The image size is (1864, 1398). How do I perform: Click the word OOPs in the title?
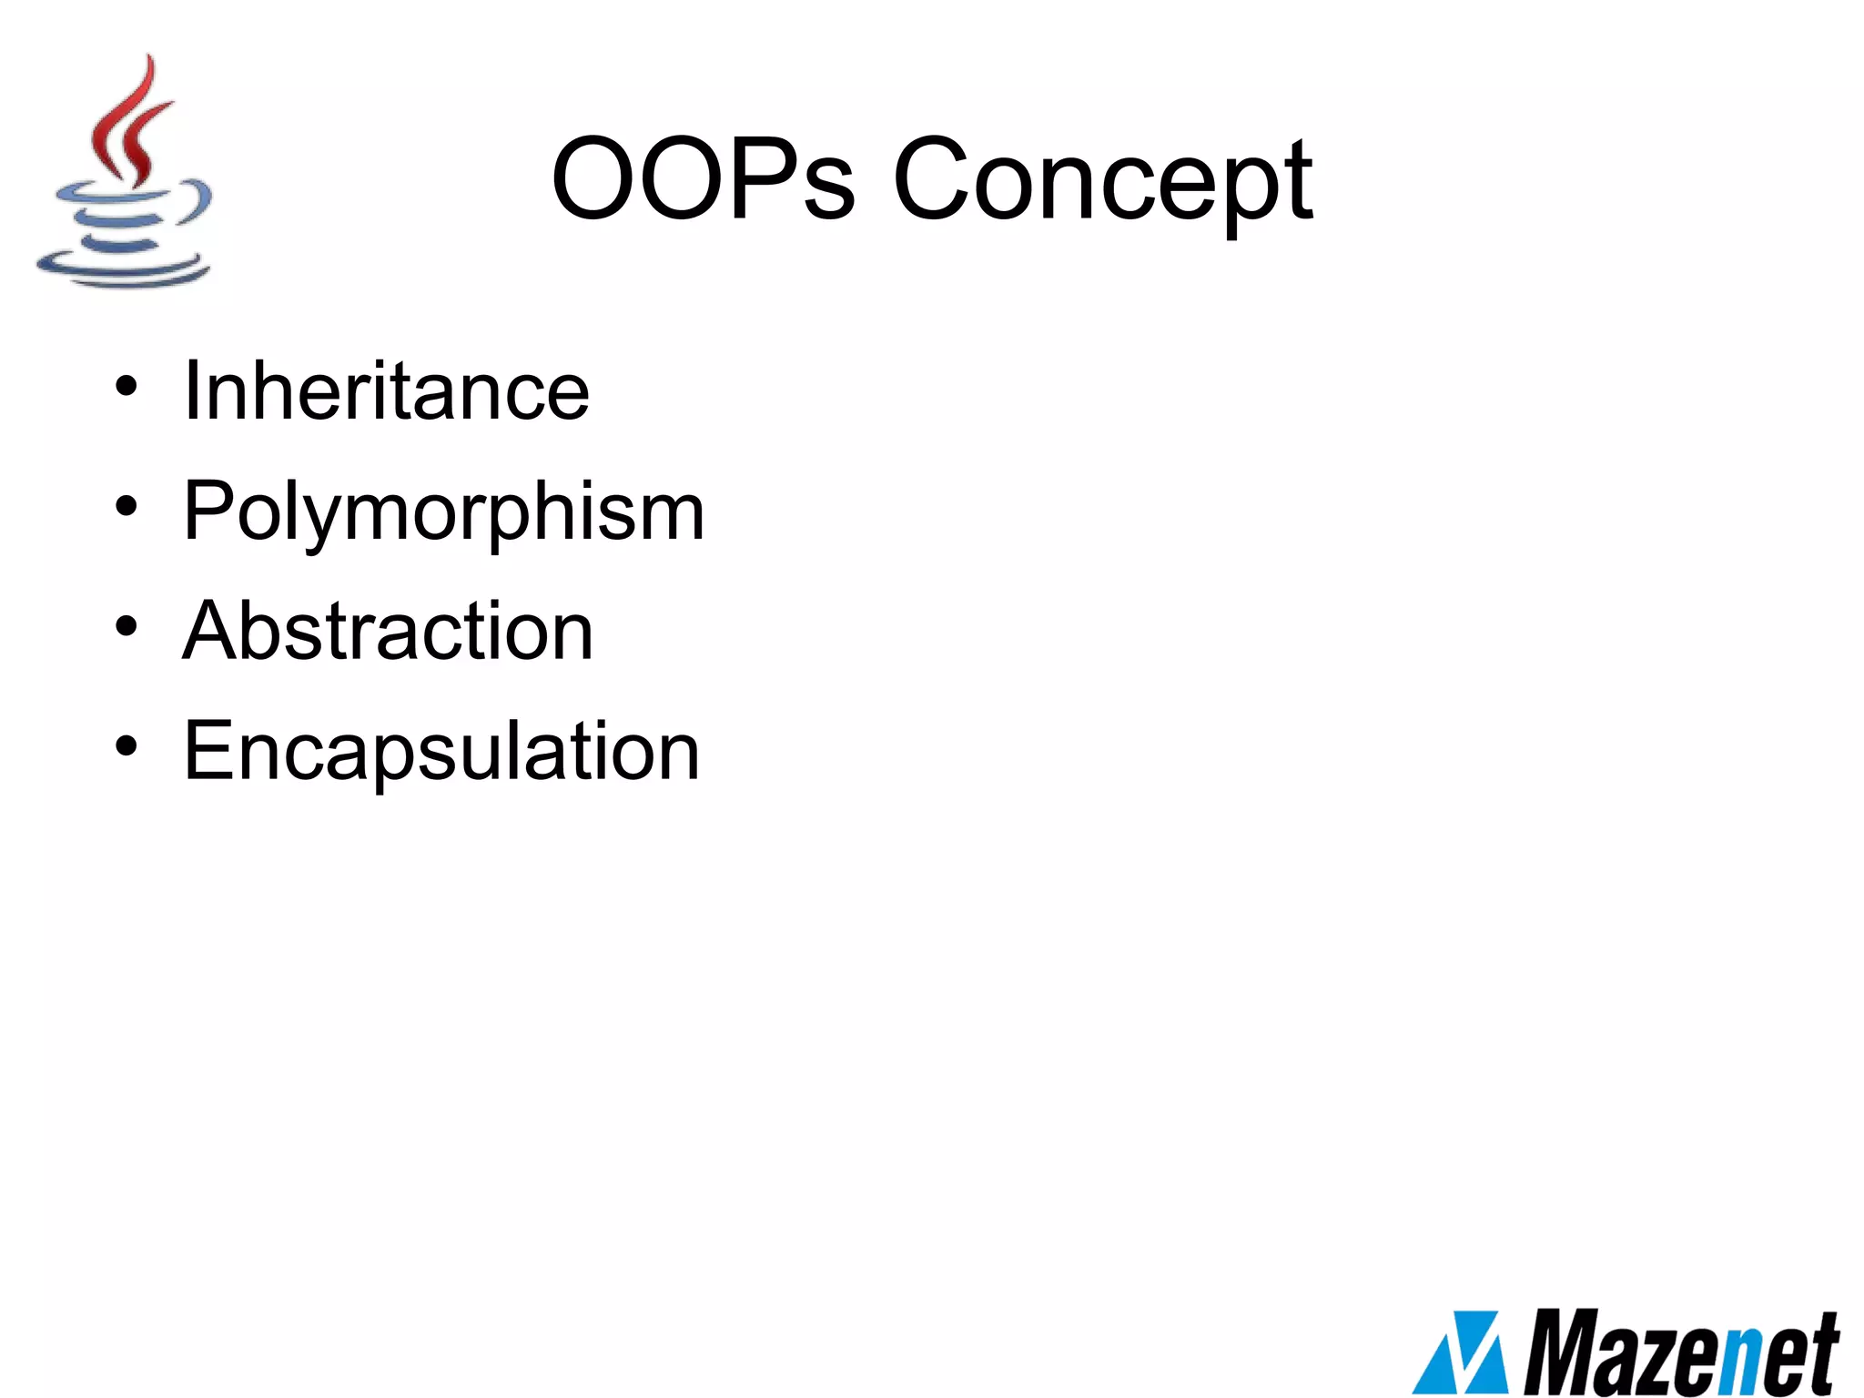coord(703,178)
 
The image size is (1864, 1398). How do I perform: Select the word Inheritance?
coord(387,391)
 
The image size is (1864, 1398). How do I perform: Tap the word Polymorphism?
coord(444,512)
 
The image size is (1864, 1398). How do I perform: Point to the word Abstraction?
coord(389,631)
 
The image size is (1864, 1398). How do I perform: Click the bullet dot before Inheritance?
coord(127,386)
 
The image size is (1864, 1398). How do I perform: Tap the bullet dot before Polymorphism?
coord(127,506)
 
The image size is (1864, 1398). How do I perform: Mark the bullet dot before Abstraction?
coord(127,626)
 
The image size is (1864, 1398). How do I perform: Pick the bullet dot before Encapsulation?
coord(127,746)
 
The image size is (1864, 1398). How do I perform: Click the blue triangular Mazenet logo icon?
coord(1461,1353)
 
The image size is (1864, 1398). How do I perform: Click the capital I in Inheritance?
coord(190,391)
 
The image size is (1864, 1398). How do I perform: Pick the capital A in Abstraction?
coord(210,631)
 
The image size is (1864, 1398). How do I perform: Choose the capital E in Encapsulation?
coord(208,751)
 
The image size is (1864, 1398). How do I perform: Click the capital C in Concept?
coord(938,178)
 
